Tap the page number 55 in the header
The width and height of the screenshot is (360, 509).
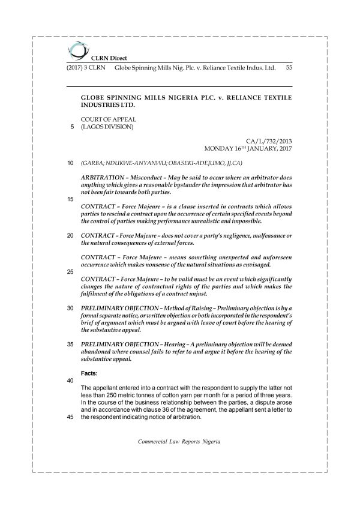point(289,68)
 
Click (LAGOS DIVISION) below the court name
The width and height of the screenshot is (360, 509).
point(107,127)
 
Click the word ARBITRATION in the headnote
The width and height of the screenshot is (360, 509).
point(103,178)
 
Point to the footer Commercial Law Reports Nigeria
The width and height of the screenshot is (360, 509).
point(179,441)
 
